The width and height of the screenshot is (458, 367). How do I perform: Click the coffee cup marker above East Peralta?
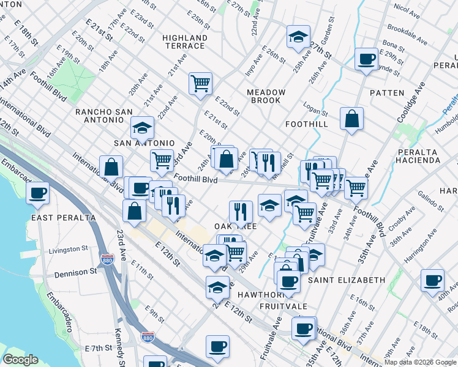(37, 193)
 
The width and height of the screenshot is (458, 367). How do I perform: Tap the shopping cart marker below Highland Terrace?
(200, 83)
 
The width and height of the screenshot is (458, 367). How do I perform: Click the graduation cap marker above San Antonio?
(142, 128)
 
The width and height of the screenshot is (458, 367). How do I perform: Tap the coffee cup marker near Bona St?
(366, 59)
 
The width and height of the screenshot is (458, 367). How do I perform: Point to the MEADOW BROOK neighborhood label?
(266, 97)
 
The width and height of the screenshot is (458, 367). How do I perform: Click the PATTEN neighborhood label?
(387, 93)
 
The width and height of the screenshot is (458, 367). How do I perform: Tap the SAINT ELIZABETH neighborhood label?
(347, 280)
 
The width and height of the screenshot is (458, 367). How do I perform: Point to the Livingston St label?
(69, 250)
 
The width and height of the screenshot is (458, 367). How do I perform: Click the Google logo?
(20, 360)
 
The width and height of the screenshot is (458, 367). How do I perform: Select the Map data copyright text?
(419, 362)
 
